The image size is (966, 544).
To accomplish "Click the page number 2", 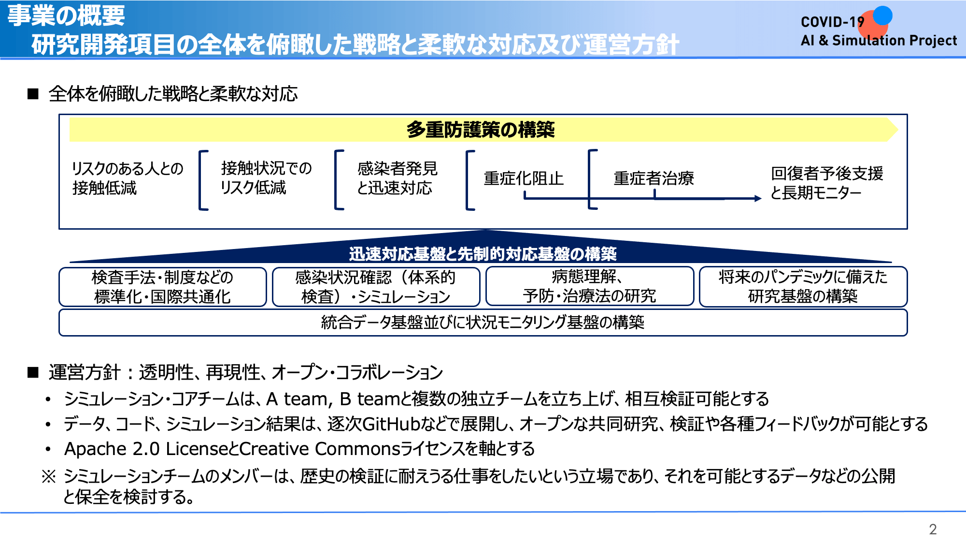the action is click(933, 529).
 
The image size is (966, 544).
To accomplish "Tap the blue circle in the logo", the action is click(882, 15).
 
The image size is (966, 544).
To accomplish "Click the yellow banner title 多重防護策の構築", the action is click(481, 130).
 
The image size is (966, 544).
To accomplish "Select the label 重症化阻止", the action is click(524, 178).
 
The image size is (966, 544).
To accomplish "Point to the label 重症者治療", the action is click(654, 178).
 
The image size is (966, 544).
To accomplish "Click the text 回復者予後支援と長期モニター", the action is click(827, 183).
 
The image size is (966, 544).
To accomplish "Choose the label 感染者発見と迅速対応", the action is click(397, 178).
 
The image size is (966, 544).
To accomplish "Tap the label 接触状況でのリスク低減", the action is click(266, 177).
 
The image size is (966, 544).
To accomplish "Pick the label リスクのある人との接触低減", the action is click(128, 178).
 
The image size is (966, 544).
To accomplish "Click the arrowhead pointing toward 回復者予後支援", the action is click(758, 198).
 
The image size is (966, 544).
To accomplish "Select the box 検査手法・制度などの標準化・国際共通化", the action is click(163, 287).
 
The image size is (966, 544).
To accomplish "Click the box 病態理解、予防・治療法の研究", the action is click(589, 286).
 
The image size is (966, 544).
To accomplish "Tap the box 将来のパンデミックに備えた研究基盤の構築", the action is click(803, 287).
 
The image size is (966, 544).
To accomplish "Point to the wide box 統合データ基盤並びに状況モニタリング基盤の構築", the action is click(483, 322).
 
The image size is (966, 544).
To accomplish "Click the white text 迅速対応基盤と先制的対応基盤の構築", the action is click(483, 254).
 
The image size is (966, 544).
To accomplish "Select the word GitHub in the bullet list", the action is click(391, 424).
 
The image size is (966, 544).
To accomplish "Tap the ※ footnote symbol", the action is click(49, 477).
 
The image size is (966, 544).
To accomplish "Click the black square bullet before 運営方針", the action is click(33, 372).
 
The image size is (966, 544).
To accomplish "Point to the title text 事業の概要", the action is click(66, 15).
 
